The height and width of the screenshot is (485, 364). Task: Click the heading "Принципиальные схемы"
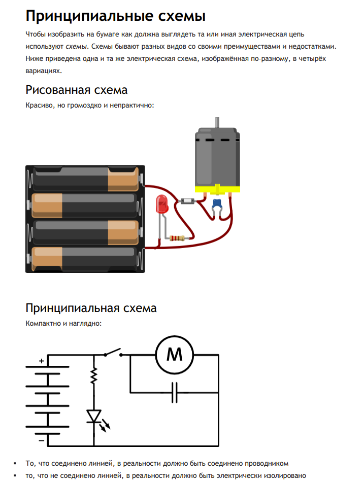coord(115,16)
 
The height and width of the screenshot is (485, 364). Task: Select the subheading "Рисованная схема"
coord(76,90)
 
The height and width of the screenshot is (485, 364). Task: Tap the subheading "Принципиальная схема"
coord(91,308)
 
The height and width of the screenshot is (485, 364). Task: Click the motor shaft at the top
coord(218,122)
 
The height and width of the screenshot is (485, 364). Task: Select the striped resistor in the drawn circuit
coord(178,237)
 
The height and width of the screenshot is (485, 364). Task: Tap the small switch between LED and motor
coord(186,201)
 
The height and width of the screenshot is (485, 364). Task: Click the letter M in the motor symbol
coord(174,354)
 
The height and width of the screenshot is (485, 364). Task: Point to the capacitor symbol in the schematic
coord(174,392)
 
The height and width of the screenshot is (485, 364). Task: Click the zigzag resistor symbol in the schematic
coord(94,376)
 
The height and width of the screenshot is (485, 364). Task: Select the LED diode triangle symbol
coord(94,415)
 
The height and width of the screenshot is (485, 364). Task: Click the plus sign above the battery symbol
coord(41,361)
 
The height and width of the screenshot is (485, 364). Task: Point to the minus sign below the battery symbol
coord(41,435)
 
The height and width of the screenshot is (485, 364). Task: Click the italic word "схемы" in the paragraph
coord(76,46)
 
